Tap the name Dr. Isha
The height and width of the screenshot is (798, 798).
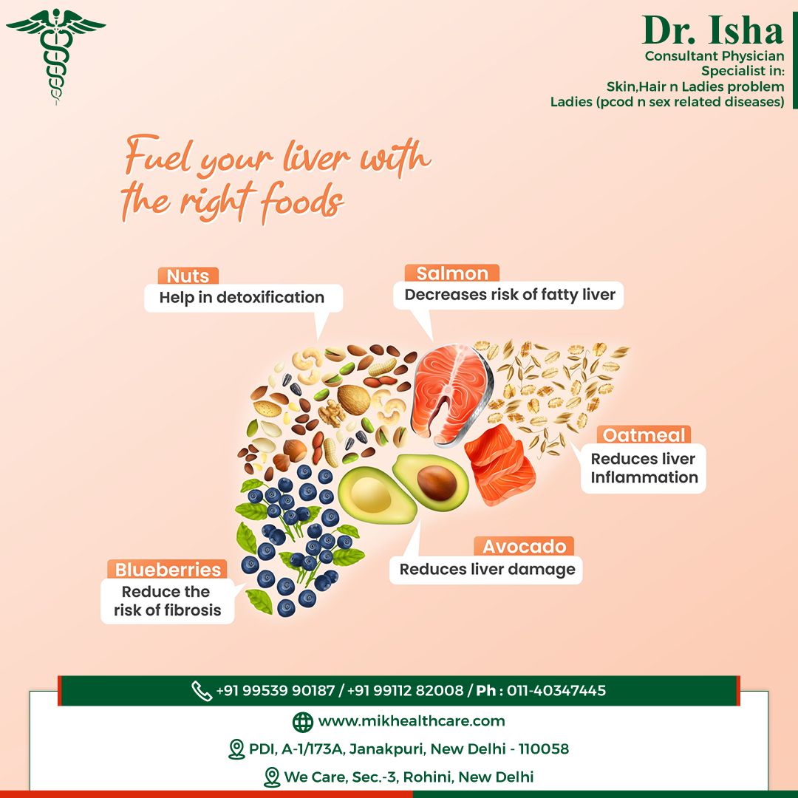[712, 30]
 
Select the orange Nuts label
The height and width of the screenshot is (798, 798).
[188, 276]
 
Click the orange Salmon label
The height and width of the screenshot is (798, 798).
[452, 273]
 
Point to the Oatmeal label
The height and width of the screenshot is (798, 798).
[644, 435]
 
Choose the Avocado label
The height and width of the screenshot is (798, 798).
[524, 546]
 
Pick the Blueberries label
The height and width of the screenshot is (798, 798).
[168, 570]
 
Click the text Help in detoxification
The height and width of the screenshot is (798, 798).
[242, 297]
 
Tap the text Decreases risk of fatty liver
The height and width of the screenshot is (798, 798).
[510, 295]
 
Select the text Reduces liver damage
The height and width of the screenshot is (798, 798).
[487, 569]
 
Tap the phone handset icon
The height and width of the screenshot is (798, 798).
[202, 691]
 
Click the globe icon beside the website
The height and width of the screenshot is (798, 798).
[303, 722]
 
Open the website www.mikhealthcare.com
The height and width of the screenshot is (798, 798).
[412, 721]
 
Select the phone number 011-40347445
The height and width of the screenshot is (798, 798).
[556, 691]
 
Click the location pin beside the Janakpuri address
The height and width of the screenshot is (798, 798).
[236, 749]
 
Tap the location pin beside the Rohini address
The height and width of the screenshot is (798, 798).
[272, 777]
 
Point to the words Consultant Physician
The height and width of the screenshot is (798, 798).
[715, 56]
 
